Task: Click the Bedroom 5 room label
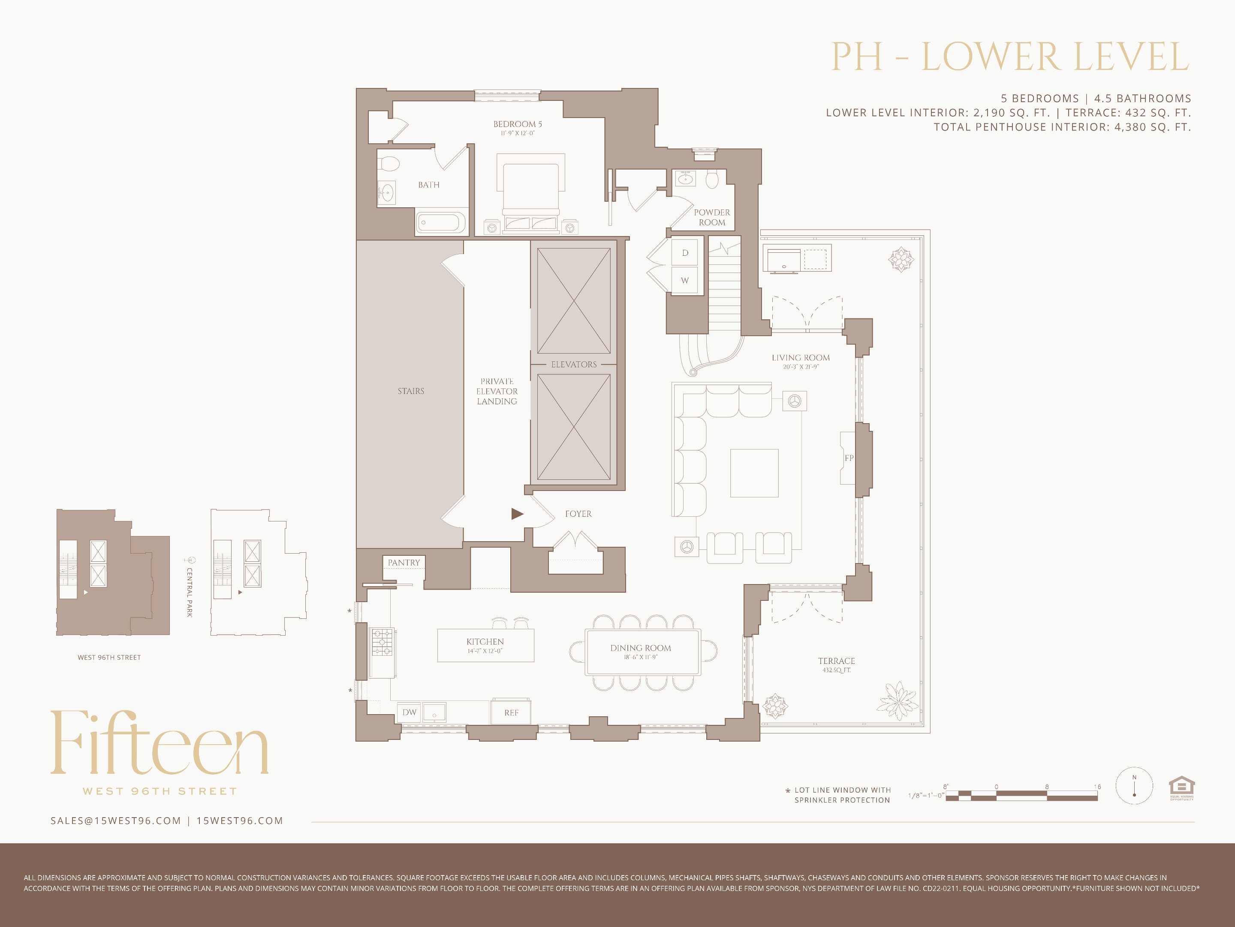517,124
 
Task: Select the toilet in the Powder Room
712,179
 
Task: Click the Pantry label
404,563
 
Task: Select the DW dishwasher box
409,712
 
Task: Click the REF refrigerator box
511,712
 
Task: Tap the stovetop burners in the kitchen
383,642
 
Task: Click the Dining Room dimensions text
640,657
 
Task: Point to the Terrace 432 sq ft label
836,664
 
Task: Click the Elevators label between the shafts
573,364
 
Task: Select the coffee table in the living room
754,473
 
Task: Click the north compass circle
1134,786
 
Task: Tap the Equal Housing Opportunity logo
1181,788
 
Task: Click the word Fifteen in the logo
160,743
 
